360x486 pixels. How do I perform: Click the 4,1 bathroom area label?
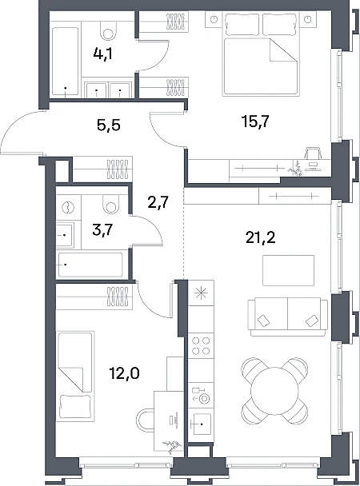coord(102,54)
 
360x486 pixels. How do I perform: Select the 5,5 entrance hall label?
coord(109,125)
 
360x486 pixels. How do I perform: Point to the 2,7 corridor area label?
coord(158,202)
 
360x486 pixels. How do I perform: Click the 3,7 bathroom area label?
coord(102,230)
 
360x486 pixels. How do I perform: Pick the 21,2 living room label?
coord(261,238)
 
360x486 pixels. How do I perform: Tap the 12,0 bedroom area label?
coord(124,374)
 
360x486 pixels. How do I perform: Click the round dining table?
coord(274,391)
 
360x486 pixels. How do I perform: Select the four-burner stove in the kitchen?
coord(201,346)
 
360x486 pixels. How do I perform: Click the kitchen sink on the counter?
coord(201,424)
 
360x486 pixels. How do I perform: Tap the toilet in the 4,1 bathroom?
coord(108,30)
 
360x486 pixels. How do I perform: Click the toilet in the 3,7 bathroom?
coord(110,204)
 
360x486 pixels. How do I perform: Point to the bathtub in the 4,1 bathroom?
coord(65,62)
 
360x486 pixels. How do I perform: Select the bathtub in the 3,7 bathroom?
coord(90,265)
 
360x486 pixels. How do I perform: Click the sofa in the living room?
coord(287,317)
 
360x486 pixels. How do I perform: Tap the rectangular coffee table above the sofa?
coord(288,270)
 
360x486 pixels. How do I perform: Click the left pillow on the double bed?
coord(242,25)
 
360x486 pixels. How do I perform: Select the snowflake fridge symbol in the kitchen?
coord(201,293)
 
